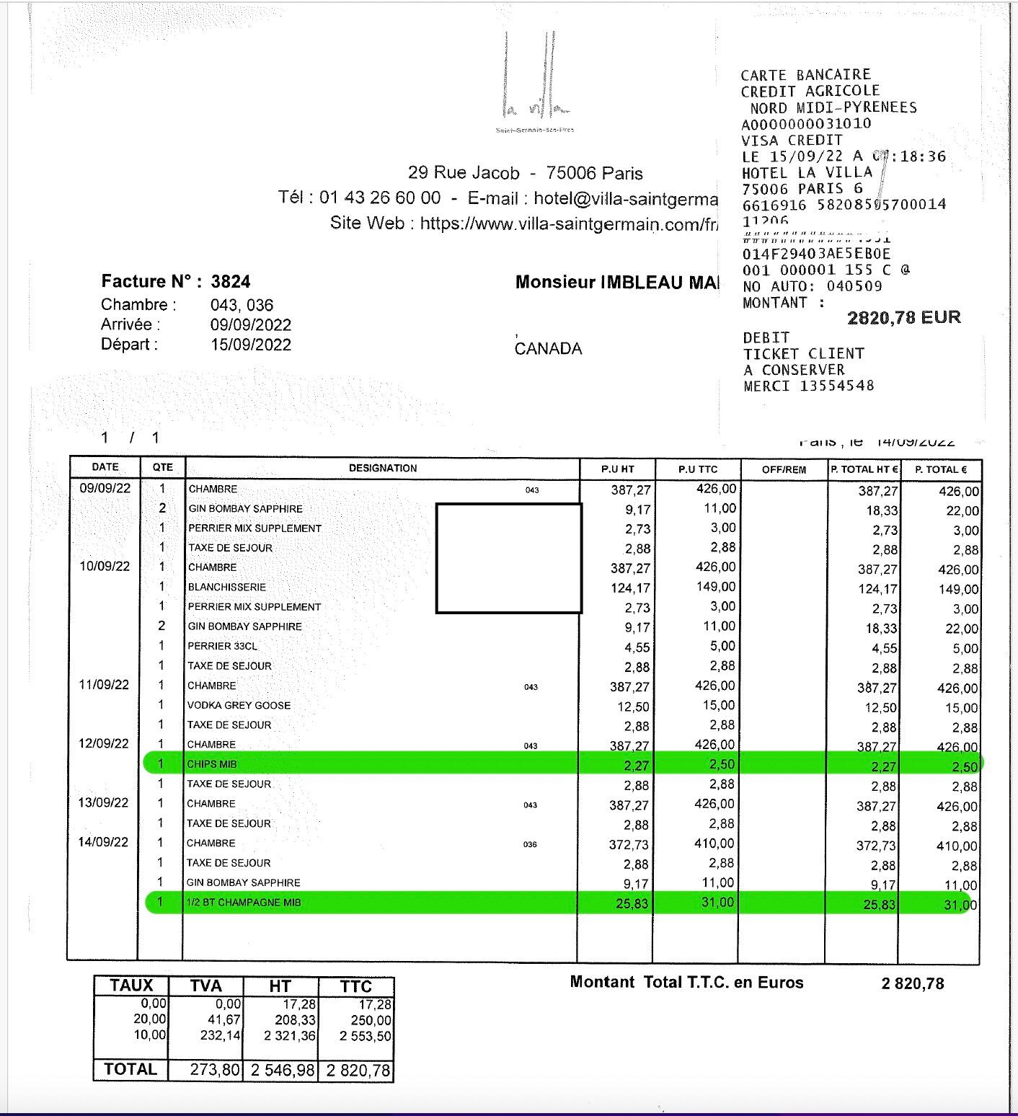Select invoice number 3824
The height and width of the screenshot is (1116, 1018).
click(231, 281)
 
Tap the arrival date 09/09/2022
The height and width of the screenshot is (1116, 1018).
click(251, 325)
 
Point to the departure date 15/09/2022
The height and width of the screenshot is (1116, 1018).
click(251, 345)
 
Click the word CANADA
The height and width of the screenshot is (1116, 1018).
click(548, 349)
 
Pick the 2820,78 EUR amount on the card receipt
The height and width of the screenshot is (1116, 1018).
click(904, 318)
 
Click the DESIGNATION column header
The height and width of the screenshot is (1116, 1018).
click(383, 469)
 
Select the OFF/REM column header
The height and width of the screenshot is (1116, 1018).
click(784, 469)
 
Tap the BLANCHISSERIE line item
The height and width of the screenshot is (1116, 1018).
click(227, 588)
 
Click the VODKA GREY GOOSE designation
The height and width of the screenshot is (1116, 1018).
click(239, 706)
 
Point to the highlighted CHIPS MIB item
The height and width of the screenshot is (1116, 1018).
click(213, 764)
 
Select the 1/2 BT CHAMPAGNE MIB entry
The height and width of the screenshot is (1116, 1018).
click(244, 903)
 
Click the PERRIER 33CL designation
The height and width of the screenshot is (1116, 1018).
click(222, 647)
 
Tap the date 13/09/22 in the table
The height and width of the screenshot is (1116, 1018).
click(104, 803)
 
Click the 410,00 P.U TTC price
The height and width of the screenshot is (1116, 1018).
click(715, 843)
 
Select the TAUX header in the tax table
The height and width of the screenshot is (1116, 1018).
click(131, 986)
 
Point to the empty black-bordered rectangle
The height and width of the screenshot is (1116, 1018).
click(508, 558)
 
